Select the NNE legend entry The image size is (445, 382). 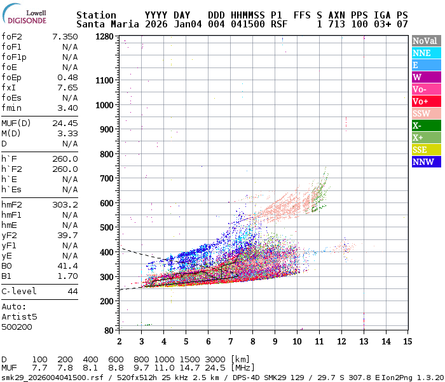coord(425,53)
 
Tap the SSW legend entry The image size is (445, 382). coord(425,113)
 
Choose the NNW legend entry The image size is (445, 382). coord(425,162)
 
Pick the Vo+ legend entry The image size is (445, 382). coord(425,101)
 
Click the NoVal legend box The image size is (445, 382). coord(425,41)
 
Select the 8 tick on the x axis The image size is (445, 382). coord(252,341)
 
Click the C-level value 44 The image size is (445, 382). coord(72,291)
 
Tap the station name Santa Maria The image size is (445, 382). coord(105,24)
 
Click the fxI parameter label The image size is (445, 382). coord(9,88)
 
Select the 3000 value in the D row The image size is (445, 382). coord(215,360)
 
